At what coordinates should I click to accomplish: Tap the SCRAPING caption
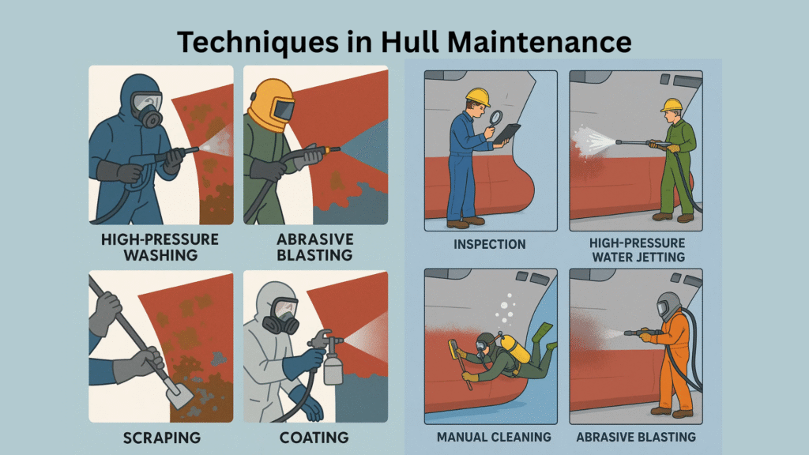[162, 438]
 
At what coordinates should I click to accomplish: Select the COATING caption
[314, 438]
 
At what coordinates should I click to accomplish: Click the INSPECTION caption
[490, 244]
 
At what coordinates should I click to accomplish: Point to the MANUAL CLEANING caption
[494, 437]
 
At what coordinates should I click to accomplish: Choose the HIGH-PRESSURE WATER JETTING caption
[638, 250]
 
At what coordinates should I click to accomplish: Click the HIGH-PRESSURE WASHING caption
[160, 247]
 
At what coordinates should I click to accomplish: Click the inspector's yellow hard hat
[478, 97]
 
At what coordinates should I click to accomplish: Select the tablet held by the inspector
[506, 133]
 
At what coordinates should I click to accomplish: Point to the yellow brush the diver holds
[454, 349]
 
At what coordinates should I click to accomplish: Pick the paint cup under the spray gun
[333, 370]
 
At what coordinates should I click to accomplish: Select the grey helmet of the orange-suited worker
[669, 306]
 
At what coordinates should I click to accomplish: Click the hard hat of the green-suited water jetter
[672, 105]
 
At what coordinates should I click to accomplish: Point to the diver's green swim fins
[544, 334]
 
